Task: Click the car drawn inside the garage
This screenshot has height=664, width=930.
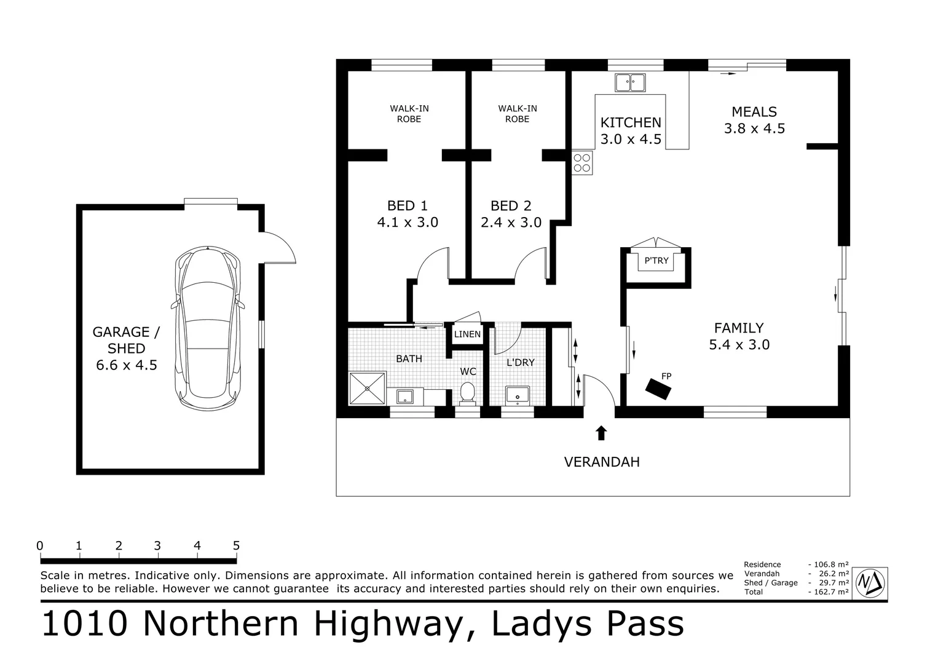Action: [x=208, y=329]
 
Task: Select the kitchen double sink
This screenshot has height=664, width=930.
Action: [x=630, y=82]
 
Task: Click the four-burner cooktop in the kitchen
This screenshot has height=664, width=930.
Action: [x=582, y=163]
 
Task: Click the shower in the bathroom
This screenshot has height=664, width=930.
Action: [x=368, y=388]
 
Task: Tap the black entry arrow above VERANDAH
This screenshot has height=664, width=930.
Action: [x=601, y=433]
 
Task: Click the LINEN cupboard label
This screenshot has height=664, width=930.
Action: [x=467, y=334]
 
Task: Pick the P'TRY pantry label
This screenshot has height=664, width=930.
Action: [x=656, y=261]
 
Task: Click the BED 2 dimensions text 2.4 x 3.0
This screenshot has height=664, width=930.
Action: [x=511, y=223]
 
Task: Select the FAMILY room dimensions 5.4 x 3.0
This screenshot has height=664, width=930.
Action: [x=739, y=345]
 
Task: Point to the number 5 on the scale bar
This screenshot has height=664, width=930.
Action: [x=236, y=545]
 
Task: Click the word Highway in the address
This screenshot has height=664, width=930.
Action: [x=388, y=623]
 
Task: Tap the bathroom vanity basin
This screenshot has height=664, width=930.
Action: [x=405, y=397]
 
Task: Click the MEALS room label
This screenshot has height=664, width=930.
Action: [x=754, y=112]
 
